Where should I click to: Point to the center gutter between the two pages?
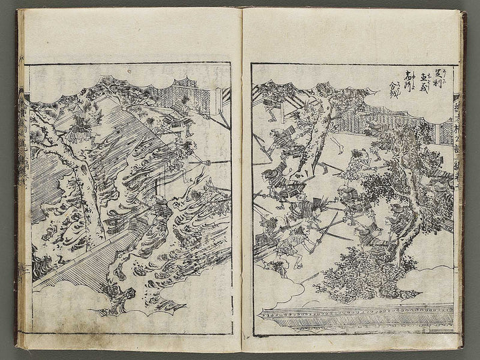[x=241, y=187]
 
